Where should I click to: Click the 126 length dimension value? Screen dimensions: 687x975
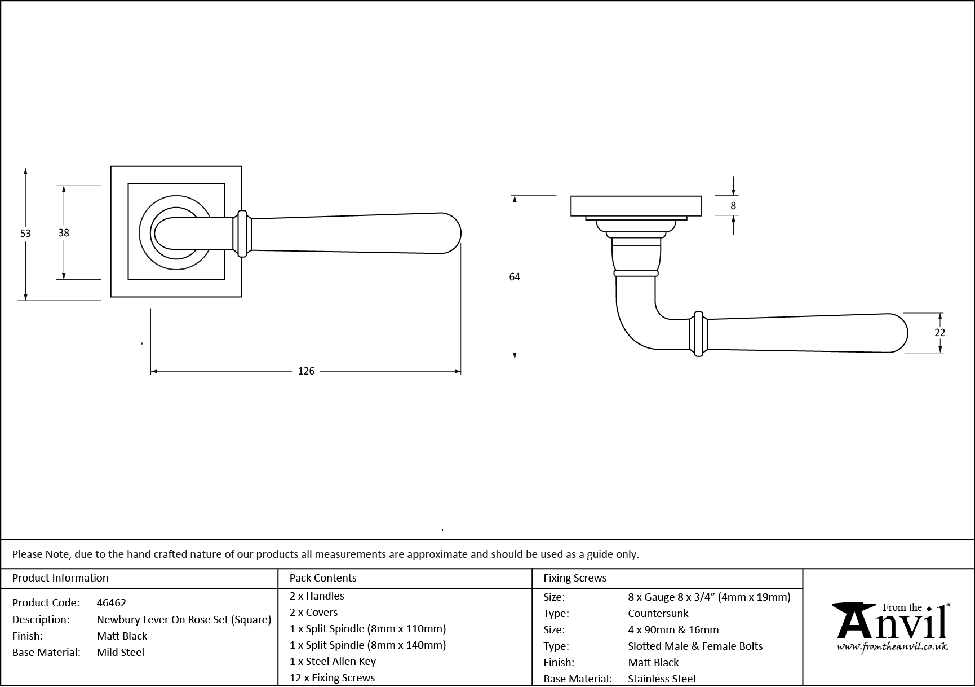[306, 371]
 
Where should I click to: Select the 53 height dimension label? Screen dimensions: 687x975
[25, 233]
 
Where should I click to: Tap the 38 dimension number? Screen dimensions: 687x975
[64, 232]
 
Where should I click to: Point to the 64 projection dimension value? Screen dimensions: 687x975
[514, 277]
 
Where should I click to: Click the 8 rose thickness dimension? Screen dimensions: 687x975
[733, 206]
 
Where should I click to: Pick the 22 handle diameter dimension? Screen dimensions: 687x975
[939, 333]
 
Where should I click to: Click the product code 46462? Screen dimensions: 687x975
[112, 602]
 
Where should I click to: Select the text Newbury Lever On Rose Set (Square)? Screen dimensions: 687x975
[184, 619]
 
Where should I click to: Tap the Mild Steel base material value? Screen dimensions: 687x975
[121, 652]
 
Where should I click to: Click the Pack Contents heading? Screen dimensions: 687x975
[323, 578]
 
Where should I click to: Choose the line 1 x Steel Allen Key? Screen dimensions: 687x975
[333, 661]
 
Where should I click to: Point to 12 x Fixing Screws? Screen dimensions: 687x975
[332, 677]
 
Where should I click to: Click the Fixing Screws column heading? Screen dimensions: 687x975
[575, 578]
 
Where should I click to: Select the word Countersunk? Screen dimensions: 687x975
[658, 613]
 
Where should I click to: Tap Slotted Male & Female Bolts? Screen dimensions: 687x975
[695, 646]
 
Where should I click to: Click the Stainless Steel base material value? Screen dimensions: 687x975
[662, 679]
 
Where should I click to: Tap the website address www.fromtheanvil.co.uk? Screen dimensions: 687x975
[892, 647]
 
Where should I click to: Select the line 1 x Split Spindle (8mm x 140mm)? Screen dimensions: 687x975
[367, 645]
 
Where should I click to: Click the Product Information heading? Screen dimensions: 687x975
[60, 578]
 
